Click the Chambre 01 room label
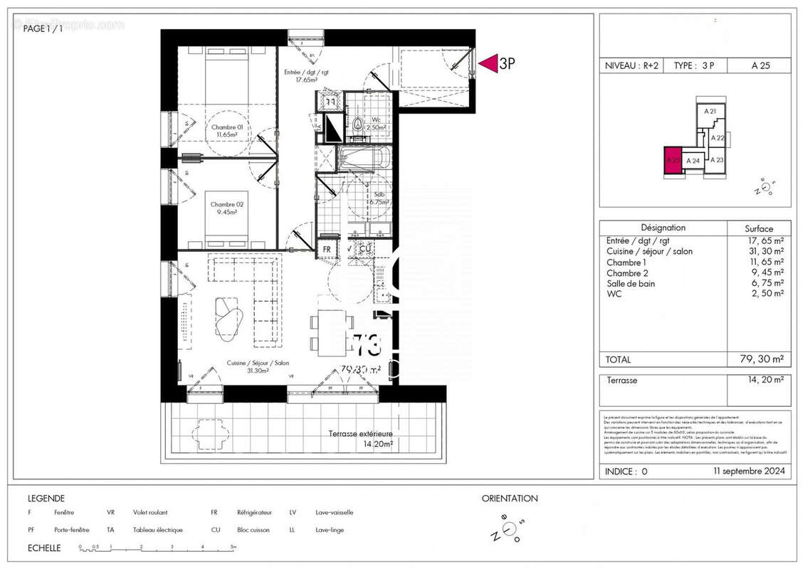[226, 131]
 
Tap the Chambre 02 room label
[226, 209]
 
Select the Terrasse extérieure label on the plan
[360, 438]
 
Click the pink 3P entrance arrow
[488, 63]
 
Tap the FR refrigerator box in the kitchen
[327, 250]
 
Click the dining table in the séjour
[332, 333]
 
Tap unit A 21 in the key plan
[710, 112]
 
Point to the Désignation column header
[663, 228]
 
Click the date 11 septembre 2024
[749, 472]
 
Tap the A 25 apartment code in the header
[760, 65]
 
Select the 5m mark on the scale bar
[233, 548]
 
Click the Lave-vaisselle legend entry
[335, 512]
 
